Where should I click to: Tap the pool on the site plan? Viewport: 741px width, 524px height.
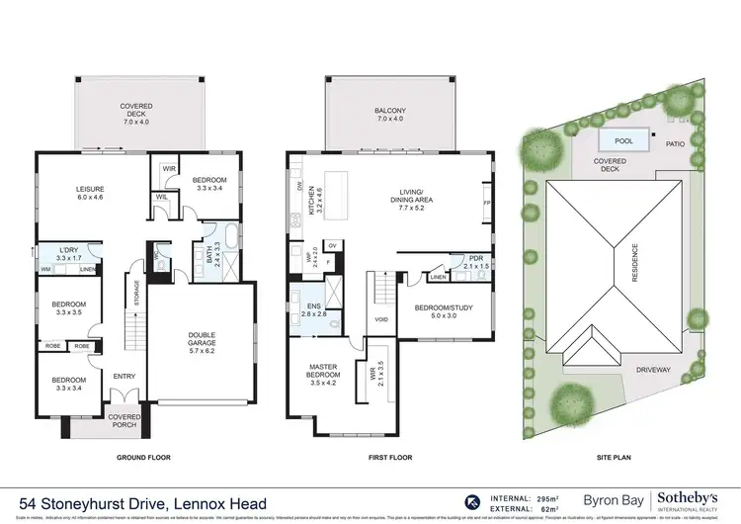pos(617,139)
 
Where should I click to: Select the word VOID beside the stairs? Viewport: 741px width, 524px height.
pos(381,319)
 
